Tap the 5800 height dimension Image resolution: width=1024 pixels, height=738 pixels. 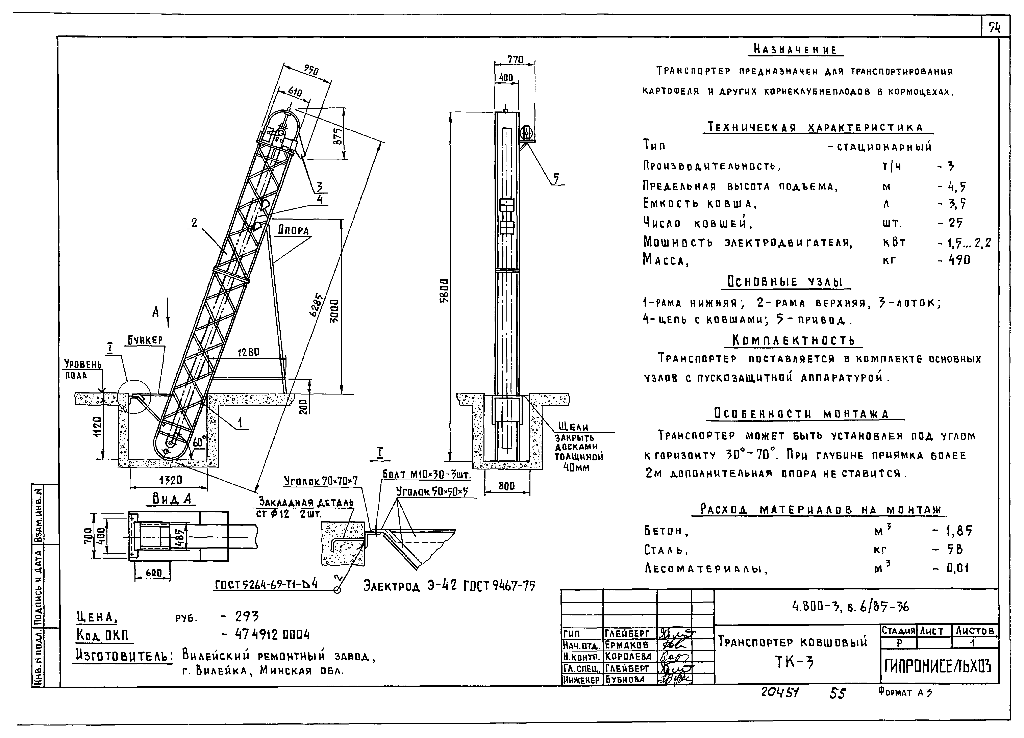tap(445, 290)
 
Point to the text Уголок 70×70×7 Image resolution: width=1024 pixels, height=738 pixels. tap(321, 481)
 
